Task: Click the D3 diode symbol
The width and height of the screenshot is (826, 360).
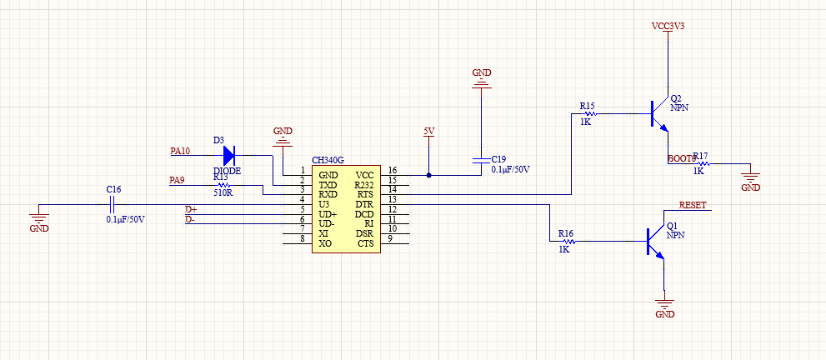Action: click(229, 155)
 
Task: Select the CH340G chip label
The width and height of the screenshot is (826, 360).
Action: click(328, 160)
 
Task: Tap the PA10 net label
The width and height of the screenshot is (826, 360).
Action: click(180, 151)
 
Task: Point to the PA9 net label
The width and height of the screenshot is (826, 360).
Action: click(177, 180)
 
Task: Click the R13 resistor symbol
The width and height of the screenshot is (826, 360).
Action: click(221, 185)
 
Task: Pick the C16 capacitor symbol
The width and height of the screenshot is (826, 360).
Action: click(112, 204)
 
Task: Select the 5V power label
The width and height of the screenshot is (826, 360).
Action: click(429, 131)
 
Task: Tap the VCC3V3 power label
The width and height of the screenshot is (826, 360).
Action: click(668, 26)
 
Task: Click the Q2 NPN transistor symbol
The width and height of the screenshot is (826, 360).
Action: click(658, 114)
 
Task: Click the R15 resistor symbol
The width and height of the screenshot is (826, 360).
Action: click(590, 113)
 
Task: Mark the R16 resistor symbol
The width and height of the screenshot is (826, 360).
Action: click(568, 241)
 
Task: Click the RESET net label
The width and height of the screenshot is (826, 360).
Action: click(693, 205)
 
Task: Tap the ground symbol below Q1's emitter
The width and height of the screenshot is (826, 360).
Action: click(665, 305)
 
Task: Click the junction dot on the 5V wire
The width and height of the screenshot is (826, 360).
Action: click(428, 175)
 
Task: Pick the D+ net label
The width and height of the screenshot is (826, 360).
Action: click(191, 209)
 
